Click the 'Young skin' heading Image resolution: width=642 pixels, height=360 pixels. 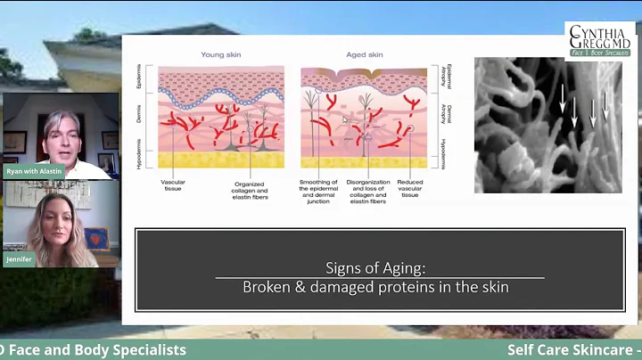[x=220, y=55]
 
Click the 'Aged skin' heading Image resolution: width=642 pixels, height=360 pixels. [x=363, y=55]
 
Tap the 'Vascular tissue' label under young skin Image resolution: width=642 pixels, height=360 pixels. [x=172, y=186]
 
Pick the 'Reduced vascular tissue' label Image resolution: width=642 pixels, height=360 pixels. [x=411, y=191]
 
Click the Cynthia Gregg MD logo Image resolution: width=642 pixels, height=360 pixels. [x=600, y=40]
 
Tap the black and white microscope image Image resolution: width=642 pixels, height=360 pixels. [x=547, y=125]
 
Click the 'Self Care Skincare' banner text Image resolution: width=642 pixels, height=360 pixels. [x=571, y=350]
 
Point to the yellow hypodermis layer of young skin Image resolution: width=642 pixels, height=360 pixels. [x=220, y=160]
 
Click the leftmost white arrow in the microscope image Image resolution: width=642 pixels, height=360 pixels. [x=563, y=104]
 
